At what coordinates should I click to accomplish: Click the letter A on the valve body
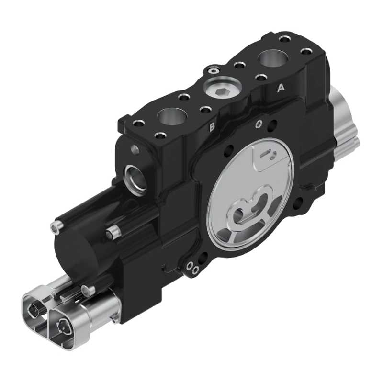click(x=281, y=88)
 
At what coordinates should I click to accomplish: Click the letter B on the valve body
click(x=212, y=127)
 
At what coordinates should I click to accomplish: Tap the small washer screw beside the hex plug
click(x=214, y=71)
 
